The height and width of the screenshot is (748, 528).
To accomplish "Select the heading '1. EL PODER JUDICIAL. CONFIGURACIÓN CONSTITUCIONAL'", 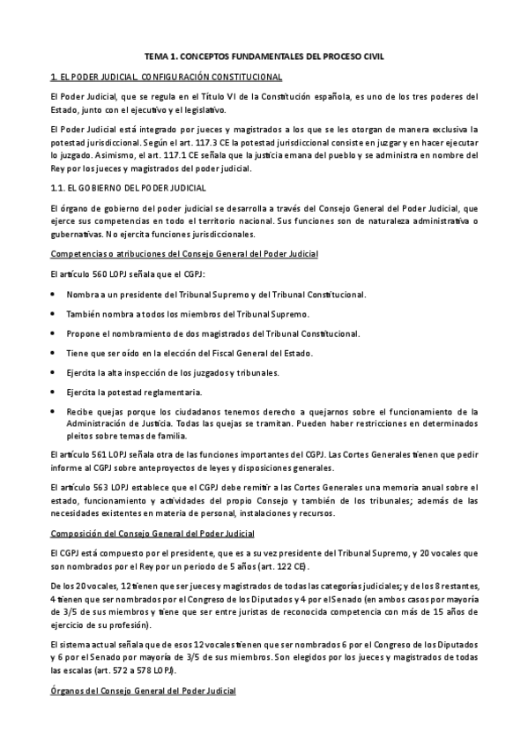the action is click(x=167, y=78).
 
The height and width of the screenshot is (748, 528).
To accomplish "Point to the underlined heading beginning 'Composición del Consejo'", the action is click(x=154, y=534).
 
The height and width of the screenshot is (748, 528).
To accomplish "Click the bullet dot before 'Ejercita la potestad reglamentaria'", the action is click(x=55, y=392).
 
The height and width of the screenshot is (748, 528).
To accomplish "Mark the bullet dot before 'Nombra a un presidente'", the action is click(x=55, y=295).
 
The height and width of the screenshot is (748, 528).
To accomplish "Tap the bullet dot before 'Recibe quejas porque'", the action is click(x=55, y=411).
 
